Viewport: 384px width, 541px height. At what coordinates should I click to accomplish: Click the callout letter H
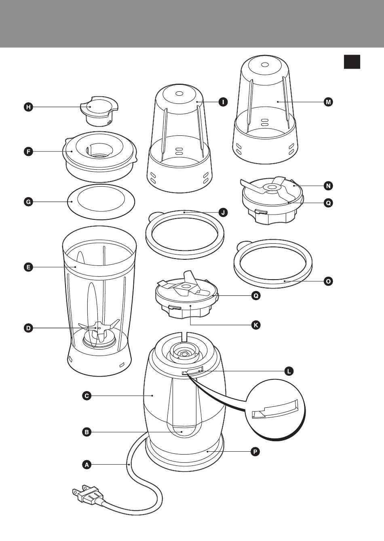click(x=28, y=107)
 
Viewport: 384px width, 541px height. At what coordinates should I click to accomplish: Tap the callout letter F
click(x=28, y=152)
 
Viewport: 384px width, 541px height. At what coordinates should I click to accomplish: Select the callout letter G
click(x=28, y=202)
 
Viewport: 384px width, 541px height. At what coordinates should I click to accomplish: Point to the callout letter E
click(x=28, y=267)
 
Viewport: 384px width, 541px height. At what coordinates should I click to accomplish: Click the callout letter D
click(x=28, y=328)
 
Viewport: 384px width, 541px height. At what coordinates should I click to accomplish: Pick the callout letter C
click(x=86, y=396)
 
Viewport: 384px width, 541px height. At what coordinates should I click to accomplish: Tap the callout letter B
click(x=86, y=432)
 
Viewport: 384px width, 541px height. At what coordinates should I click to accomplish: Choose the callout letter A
click(x=86, y=465)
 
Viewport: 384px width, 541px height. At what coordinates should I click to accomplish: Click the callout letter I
click(x=223, y=102)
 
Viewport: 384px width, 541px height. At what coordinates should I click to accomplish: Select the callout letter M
click(x=329, y=102)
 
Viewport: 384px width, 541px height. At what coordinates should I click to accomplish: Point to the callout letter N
click(x=329, y=186)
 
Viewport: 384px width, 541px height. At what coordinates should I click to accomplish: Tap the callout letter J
click(x=223, y=212)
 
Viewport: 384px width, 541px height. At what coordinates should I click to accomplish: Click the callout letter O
click(x=329, y=281)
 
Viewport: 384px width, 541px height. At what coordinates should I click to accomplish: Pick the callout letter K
click(x=255, y=324)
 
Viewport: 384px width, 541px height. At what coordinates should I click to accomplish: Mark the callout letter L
click(x=288, y=371)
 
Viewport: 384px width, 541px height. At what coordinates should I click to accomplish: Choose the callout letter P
click(x=255, y=451)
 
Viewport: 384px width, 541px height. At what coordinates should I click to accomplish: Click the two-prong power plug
click(x=87, y=495)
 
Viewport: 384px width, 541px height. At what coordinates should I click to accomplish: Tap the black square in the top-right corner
click(x=352, y=62)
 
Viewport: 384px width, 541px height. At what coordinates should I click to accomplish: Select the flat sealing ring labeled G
click(x=101, y=202)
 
